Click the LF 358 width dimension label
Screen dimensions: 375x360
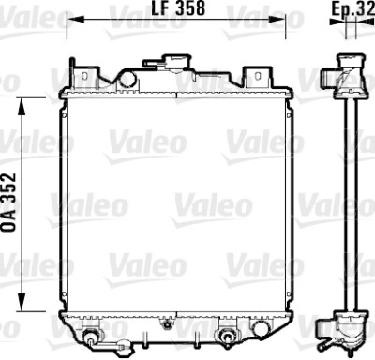tap(178, 8)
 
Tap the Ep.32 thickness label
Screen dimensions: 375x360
tap(352, 9)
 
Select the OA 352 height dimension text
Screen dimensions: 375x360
tap(8, 202)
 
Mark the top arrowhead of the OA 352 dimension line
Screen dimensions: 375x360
tap(22, 106)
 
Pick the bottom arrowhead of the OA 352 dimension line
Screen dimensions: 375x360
tap(22, 303)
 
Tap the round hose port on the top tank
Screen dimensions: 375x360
tap(127, 79)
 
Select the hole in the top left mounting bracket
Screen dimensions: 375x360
tap(83, 76)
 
